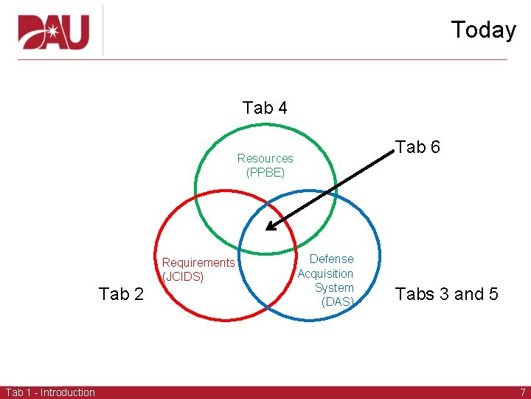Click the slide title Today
(x=483, y=30)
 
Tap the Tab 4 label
(x=265, y=108)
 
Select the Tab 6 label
(x=417, y=147)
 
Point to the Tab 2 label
(x=121, y=294)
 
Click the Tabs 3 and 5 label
(x=447, y=294)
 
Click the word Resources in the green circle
(x=265, y=158)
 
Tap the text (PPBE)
(x=265, y=172)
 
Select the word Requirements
(x=198, y=262)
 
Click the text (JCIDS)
(x=183, y=277)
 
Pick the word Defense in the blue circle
(x=331, y=259)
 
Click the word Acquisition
(x=325, y=273)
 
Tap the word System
(x=334, y=287)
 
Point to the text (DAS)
(x=338, y=301)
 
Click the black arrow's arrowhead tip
(x=267, y=229)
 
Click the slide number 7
(x=522, y=392)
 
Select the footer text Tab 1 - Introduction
(x=50, y=392)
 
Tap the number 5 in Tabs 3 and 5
(x=492, y=294)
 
